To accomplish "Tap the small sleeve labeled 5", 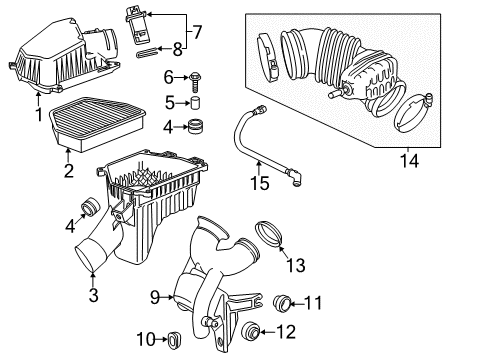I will click(196, 102).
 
